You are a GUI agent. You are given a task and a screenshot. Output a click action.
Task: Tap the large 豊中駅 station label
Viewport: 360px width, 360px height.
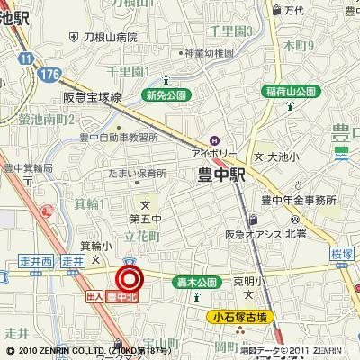coord(221,178)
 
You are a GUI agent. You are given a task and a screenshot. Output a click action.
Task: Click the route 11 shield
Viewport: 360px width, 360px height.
coord(30,58)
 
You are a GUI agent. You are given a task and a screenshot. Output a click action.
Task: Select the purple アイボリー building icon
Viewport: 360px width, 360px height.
coord(214,139)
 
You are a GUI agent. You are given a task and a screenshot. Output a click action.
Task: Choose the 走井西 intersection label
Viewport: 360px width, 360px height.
coord(37,261)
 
